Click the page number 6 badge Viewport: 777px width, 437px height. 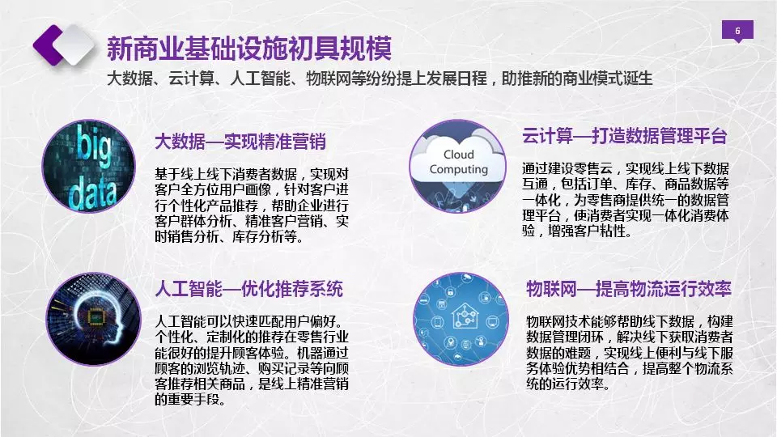(737, 31)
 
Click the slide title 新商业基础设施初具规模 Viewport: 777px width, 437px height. (249, 48)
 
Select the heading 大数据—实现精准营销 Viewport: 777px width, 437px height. (240, 142)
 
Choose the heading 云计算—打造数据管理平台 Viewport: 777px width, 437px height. (624, 136)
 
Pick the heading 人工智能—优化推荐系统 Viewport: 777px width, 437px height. (248, 289)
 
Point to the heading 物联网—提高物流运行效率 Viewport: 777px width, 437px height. (629, 289)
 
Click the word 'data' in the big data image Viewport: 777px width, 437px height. (92, 191)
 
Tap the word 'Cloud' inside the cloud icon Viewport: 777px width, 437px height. (458, 155)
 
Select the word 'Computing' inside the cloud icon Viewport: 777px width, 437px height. (458, 169)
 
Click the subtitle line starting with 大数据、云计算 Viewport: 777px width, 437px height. (380, 78)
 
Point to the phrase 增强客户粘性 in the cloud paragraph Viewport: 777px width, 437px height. (590, 231)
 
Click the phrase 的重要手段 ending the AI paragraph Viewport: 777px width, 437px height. (190, 399)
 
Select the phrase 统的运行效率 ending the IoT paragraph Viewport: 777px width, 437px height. (568, 384)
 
